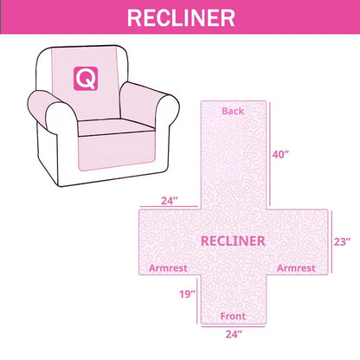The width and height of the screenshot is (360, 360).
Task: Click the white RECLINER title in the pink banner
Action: pos(181,18)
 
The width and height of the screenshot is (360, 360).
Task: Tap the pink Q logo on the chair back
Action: pos(86,79)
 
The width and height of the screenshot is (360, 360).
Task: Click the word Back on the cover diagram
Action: pos(233,111)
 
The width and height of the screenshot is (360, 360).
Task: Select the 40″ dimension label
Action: pos(280,155)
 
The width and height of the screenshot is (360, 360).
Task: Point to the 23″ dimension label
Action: pos(343,241)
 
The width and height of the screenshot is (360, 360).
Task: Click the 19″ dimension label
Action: pos(187,294)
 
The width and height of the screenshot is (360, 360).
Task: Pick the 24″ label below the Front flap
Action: pos(234,334)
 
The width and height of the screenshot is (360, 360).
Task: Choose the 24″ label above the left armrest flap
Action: pos(170,201)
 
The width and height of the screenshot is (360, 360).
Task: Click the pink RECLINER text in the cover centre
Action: pos(233,241)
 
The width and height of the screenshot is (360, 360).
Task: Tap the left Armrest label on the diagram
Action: pos(168,268)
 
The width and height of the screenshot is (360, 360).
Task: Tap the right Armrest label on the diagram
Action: pos(296,268)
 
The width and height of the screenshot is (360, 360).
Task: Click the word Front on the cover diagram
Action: pos(233,316)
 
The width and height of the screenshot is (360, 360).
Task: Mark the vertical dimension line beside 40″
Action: pos(270,154)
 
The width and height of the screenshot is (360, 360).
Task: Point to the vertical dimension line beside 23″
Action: pos(331,241)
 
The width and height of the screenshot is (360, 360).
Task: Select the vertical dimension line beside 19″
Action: pos(197,300)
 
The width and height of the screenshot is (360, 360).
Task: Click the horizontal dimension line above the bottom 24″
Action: pos(234,326)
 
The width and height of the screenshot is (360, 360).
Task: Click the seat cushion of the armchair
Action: pos(115,126)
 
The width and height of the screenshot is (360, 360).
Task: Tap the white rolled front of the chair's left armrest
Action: pos(61,119)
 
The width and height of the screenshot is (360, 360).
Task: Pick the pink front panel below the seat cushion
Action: pos(117,151)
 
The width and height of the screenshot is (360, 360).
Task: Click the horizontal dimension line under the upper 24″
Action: pos(169,207)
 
